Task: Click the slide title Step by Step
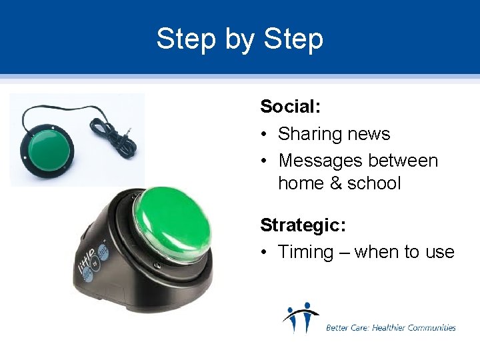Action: coord(239,39)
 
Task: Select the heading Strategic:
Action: coord(303,225)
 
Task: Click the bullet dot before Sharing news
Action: coord(265,135)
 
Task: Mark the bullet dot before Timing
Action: coord(265,253)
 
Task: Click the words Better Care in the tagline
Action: coord(345,327)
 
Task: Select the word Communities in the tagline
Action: coord(433,327)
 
